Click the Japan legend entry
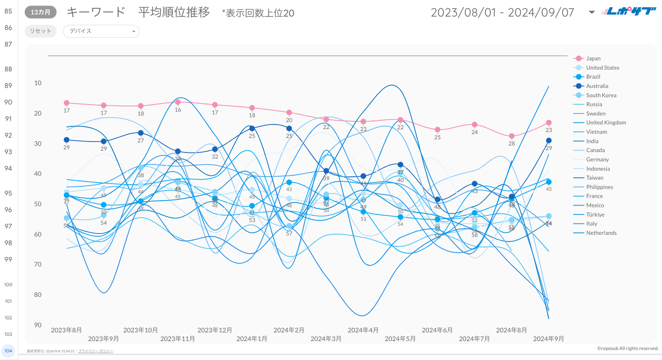tap(593, 59)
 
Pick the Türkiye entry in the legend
tap(595, 215)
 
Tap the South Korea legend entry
tap(601, 95)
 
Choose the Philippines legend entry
tap(599, 187)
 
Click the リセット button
tap(40, 31)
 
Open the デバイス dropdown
tap(101, 31)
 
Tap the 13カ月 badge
tap(41, 12)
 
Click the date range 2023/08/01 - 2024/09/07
tap(502, 12)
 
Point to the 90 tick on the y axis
tap(38, 325)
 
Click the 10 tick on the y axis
tap(38, 83)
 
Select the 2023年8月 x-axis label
tap(66, 330)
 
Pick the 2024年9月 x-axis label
tap(548, 339)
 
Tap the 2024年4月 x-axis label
tap(363, 330)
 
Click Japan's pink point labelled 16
tap(178, 102)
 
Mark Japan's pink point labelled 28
tap(512, 136)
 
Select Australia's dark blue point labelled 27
tap(141, 133)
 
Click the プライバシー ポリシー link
tap(96, 351)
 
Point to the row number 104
tap(8, 351)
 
